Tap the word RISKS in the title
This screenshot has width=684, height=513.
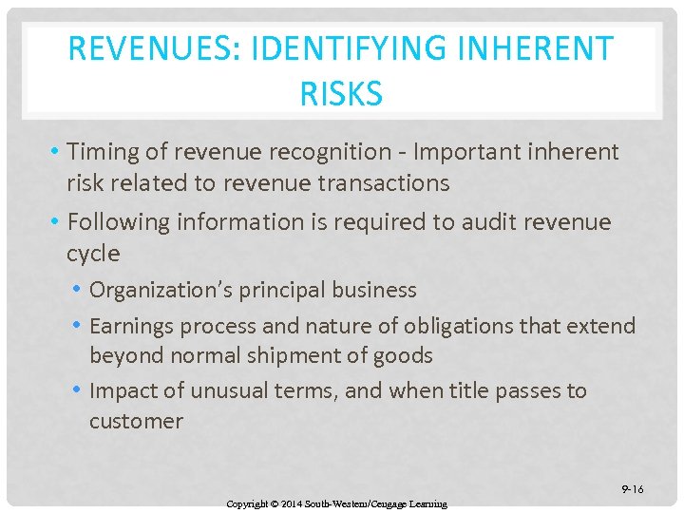(x=341, y=94)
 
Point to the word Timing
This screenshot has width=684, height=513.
(x=102, y=152)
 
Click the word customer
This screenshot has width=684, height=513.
(x=136, y=421)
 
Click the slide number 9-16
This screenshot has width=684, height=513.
(x=633, y=489)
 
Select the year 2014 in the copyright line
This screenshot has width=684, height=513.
(x=292, y=503)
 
